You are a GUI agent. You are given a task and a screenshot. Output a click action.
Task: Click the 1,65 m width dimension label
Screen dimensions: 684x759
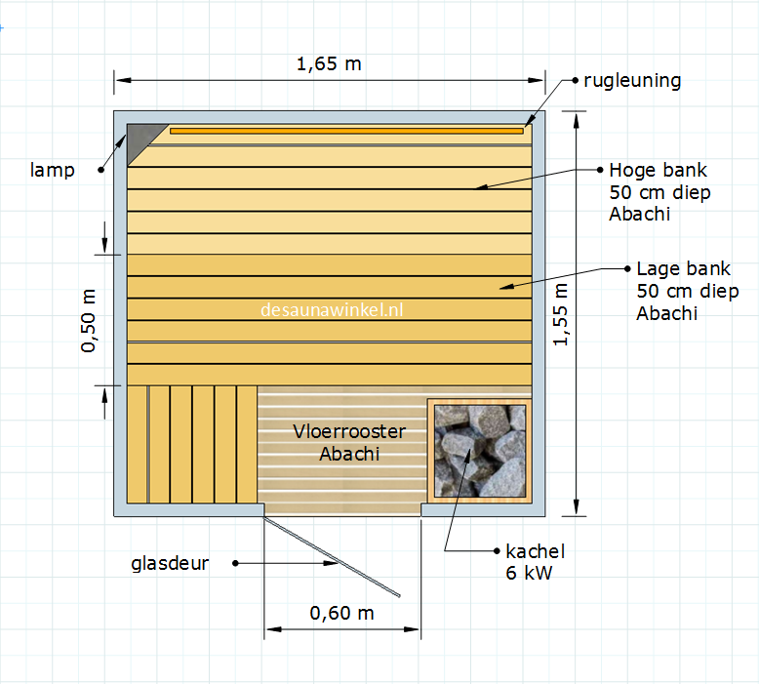(328, 64)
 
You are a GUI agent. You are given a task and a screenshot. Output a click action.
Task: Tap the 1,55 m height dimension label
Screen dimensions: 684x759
(560, 313)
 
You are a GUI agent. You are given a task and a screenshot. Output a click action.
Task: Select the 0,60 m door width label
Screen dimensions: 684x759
(341, 614)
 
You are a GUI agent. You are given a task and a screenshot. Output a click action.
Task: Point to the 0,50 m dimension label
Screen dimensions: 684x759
(90, 321)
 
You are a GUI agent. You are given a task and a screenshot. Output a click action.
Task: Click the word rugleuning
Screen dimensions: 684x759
(632, 80)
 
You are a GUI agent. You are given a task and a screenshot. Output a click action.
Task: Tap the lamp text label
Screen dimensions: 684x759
(52, 171)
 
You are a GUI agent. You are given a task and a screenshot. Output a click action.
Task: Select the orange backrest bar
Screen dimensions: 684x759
(346, 130)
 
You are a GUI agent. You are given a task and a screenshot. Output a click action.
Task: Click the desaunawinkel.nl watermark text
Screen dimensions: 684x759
(332, 310)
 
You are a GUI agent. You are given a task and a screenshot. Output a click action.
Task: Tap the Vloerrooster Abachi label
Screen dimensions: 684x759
(349, 442)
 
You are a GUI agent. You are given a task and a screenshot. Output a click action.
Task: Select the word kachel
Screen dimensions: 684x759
(535, 551)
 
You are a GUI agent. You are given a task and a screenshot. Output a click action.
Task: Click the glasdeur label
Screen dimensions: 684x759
(170, 563)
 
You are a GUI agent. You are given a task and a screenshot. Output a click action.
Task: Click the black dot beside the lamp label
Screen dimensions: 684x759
(100, 171)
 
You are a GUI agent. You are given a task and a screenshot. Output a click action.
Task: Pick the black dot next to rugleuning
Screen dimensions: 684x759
(574, 80)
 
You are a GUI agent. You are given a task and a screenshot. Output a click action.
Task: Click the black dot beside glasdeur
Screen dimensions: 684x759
(236, 563)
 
